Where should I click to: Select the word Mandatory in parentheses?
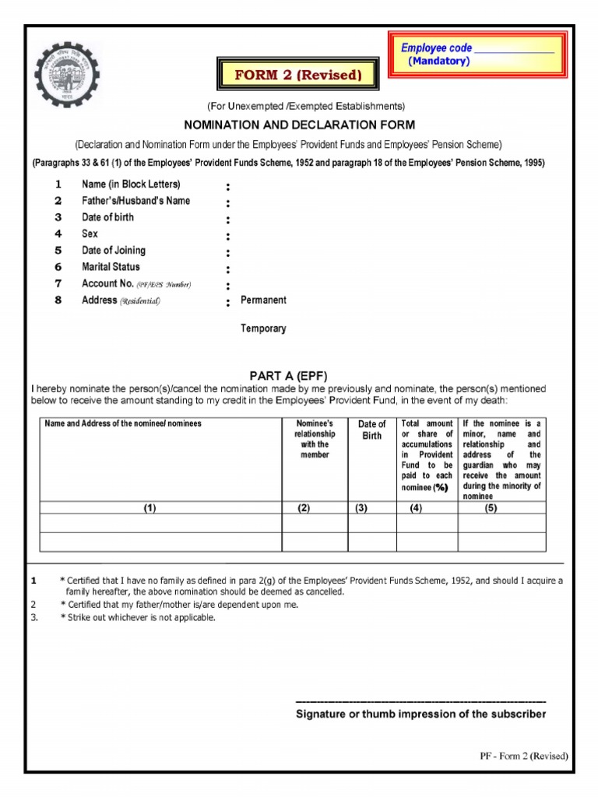point(438,61)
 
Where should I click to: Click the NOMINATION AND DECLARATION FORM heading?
point(299,125)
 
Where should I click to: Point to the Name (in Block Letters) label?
point(131,184)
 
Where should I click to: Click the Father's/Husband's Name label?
point(135,201)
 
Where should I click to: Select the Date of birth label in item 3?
point(107,217)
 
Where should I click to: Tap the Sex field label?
point(90,233)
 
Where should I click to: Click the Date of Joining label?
point(114,251)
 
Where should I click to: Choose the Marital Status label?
point(111,267)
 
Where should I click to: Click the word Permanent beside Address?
point(263,300)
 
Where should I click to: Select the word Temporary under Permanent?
point(263,328)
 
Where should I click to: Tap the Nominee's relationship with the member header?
point(315,439)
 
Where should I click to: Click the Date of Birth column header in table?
point(371,430)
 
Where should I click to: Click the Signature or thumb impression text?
point(421,714)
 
